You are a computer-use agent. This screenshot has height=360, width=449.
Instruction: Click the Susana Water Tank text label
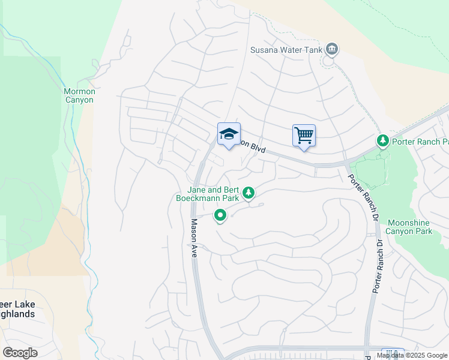pos(286,49)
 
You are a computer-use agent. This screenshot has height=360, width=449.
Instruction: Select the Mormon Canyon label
pos(79,95)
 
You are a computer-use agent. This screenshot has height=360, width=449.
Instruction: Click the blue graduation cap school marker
pos(229,134)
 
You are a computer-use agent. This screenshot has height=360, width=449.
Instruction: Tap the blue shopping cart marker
pos(304,136)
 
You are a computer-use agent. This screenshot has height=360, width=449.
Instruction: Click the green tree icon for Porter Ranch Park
pos(382,140)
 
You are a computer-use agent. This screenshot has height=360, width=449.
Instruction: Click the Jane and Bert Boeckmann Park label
pos(208,193)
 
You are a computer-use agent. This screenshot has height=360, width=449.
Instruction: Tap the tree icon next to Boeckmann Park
pos(249,193)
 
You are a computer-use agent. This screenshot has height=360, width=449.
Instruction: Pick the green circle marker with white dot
pos(220,215)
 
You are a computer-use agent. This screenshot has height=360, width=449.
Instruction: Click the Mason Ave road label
pos(194,238)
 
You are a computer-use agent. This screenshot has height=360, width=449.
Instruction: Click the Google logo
pos(20,353)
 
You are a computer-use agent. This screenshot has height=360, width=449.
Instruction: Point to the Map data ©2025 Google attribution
pos(412,355)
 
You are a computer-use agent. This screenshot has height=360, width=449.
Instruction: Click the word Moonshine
pos(409,222)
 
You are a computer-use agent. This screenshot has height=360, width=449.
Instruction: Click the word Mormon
pos(79,91)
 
